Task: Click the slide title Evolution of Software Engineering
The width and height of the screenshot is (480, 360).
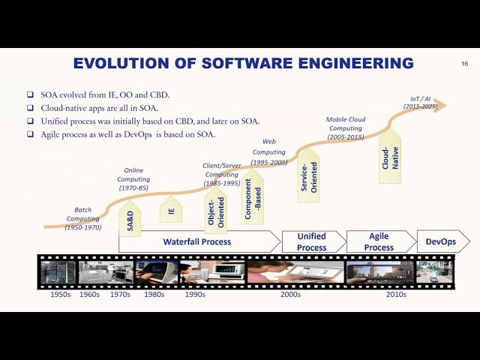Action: point(243,64)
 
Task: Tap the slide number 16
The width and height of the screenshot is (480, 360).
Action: point(464,64)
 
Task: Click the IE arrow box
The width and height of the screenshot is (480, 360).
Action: point(171,211)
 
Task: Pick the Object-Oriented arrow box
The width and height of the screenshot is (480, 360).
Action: point(215,209)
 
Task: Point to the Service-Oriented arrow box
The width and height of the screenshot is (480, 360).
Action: point(309,174)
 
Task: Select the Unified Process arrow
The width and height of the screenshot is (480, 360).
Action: point(312,241)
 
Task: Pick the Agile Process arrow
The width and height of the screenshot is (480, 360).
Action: point(379,241)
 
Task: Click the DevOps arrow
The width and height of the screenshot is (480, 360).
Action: point(442,241)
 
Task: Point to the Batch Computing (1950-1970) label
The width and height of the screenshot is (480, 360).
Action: point(82,218)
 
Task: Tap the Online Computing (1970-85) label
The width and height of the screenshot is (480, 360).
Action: point(133,179)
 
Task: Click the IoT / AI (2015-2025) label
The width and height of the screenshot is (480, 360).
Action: point(420,103)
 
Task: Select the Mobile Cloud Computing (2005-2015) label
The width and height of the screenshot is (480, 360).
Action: point(345,128)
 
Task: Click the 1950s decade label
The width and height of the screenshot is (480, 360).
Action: point(61,295)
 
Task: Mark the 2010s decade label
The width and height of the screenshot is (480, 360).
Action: point(396,295)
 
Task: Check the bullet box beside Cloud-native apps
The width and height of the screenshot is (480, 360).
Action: point(30,108)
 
